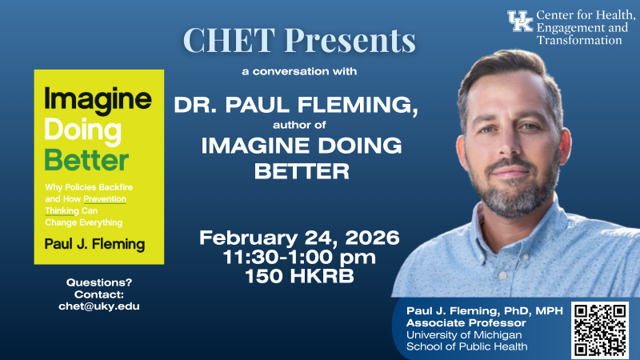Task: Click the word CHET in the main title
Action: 225,40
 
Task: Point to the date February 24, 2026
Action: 299,238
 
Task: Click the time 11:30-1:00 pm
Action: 299,258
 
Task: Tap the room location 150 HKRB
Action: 299,276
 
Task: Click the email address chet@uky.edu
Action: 99,306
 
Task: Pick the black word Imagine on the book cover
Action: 98,99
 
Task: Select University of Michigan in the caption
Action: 451,335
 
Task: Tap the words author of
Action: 299,124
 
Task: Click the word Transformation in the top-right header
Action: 578,41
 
